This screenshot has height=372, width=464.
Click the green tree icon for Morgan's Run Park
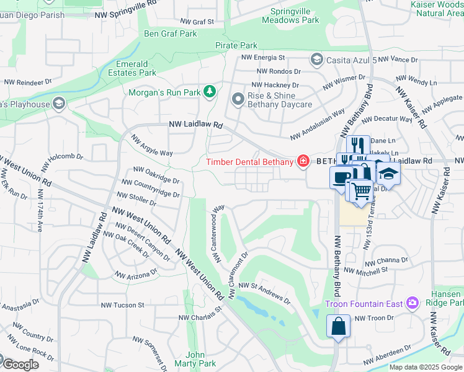click(x=210, y=92)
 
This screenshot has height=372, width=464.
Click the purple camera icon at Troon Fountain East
click(x=413, y=303)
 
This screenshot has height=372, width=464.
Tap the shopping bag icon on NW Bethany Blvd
click(x=338, y=325)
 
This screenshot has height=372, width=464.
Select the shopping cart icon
click(x=361, y=191)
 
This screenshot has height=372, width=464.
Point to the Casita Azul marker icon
click(x=316, y=60)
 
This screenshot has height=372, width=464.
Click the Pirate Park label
click(x=236, y=45)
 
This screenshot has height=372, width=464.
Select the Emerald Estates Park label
click(x=136, y=68)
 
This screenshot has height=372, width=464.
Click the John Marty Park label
click(x=195, y=359)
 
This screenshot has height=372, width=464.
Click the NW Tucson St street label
click(x=122, y=305)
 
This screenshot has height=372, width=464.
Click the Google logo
click(x=20, y=365)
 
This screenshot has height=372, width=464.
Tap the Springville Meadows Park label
click(x=295, y=15)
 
